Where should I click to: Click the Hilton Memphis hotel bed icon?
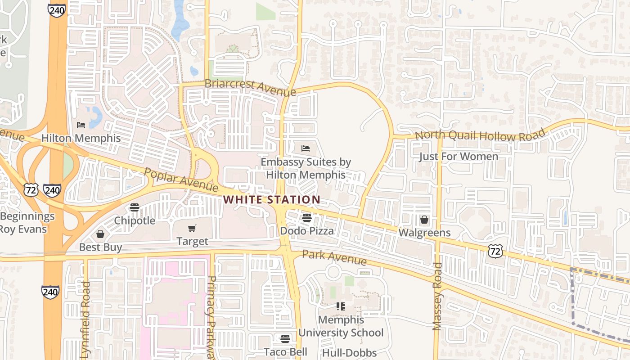click(x=81, y=125)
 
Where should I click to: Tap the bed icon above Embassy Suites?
click(x=306, y=148)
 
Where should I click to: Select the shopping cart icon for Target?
click(x=192, y=228)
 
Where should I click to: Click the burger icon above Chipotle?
click(x=134, y=207)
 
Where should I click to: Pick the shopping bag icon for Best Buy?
click(x=100, y=234)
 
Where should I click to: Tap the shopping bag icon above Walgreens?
click(x=424, y=220)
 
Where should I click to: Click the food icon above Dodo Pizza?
click(x=307, y=218)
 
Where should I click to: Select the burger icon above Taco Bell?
click(x=285, y=338)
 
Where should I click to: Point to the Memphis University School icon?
click(x=341, y=306)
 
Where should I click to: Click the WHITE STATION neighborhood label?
click(x=272, y=199)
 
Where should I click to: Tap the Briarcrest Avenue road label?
click(x=250, y=87)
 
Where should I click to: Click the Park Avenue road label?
click(x=334, y=257)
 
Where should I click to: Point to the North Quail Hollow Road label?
click(x=480, y=135)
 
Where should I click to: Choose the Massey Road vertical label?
click(x=437, y=297)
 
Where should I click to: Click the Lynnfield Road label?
click(x=86, y=317)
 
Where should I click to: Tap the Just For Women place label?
click(x=459, y=157)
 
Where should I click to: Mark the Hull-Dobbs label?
click(x=349, y=352)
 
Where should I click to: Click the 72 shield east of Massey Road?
click(x=495, y=251)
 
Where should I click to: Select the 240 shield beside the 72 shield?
click(x=53, y=190)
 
